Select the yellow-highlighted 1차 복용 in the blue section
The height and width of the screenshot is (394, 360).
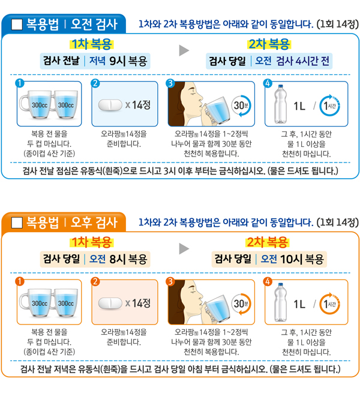tap(92, 44)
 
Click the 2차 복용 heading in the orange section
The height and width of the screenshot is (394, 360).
tap(269, 242)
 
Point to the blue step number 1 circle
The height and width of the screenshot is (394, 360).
tap(20, 82)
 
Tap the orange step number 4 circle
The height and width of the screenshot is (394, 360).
tap(268, 281)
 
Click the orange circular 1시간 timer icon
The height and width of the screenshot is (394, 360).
tap(330, 303)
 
